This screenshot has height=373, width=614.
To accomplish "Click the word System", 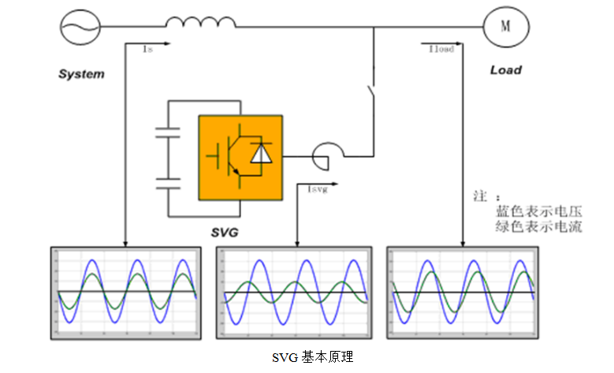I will (81, 74).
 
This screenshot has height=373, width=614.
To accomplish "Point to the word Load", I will (505, 70).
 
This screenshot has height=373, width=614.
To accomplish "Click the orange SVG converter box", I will (240, 158).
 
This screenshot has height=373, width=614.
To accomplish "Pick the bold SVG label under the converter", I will (225, 234).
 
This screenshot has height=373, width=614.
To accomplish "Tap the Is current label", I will (147, 49).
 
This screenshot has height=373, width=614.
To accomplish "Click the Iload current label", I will (441, 49).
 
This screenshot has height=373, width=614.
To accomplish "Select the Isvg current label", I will (316, 189).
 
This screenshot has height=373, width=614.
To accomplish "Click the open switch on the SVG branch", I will (370, 99).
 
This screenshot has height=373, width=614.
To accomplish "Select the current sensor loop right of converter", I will (326, 155).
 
